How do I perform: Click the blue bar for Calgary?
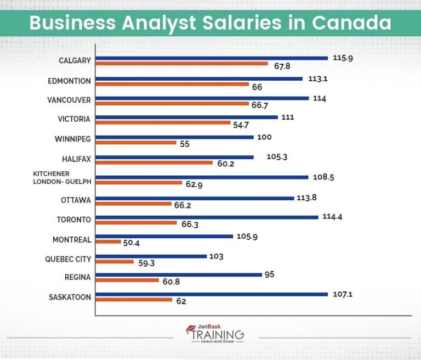pyautogui.click(x=212, y=58)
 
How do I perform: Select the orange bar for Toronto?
pyautogui.click(x=136, y=223)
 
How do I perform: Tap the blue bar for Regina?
pyautogui.click(x=179, y=274)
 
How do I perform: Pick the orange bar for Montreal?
pyautogui.click(x=109, y=241)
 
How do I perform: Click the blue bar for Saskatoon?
pyautogui.click(x=212, y=294)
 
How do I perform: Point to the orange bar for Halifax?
pyautogui.click(x=154, y=162)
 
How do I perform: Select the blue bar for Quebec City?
pyautogui.click(x=151, y=256)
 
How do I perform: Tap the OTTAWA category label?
pyautogui.click(x=77, y=200)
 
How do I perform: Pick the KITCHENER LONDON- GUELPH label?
pyautogui.click(x=62, y=177)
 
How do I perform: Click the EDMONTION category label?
pyautogui.click(x=69, y=81)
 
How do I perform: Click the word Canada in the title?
pyautogui.click(x=351, y=23)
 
